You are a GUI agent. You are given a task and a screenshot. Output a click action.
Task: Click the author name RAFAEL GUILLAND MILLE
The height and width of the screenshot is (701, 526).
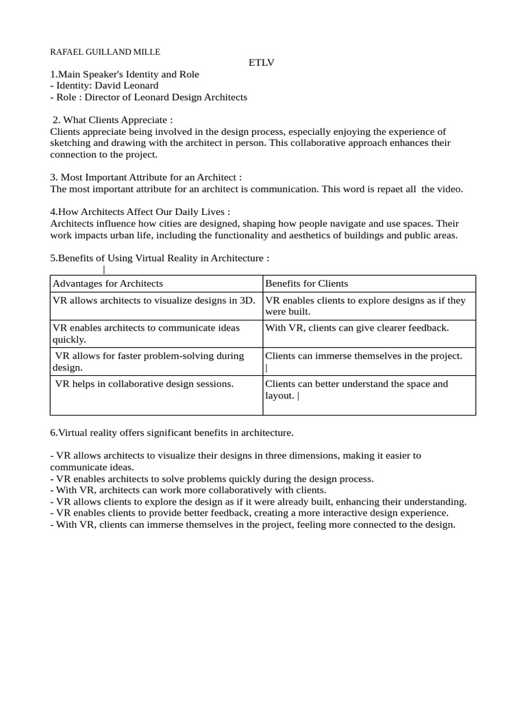coord(105,51)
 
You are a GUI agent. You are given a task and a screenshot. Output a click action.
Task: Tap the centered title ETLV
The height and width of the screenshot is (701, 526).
coord(261,63)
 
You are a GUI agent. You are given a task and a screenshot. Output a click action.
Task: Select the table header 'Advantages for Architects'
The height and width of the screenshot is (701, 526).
coord(108,283)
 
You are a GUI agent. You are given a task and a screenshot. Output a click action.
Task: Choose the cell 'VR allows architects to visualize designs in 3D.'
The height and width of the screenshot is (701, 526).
coord(154,300)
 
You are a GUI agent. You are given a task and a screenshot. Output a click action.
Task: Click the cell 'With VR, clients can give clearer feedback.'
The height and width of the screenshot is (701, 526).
coord(357,328)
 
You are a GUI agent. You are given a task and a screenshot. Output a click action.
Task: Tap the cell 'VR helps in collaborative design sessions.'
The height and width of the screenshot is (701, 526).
coord(145,384)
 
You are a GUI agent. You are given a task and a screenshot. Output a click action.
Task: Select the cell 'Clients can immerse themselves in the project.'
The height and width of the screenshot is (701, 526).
coord(363,356)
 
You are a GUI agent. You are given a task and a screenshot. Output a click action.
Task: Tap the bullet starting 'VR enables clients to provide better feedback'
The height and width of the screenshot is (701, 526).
coord(252,513)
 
